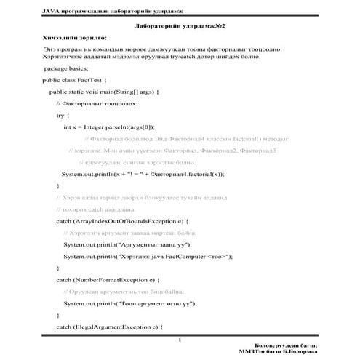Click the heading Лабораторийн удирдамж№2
point(178,25)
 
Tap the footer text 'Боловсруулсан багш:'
point(299,345)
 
